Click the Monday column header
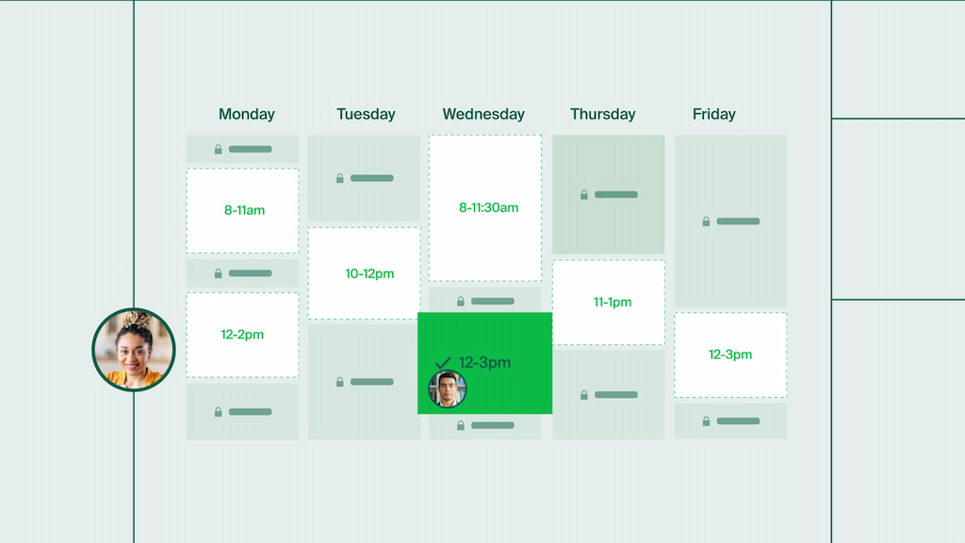(247, 114)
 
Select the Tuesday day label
(366, 114)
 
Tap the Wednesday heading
(483, 114)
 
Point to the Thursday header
(602, 114)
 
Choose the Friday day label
(713, 114)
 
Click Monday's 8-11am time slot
(243, 210)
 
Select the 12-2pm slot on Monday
(243, 335)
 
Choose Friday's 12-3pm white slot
(730, 354)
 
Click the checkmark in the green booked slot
(443, 363)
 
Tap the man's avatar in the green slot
(448, 388)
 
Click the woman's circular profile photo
(134, 350)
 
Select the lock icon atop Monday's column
(219, 149)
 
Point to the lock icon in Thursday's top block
(584, 194)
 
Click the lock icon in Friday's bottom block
(706, 420)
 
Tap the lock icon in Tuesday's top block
(340, 177)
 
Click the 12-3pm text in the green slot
(484, 362)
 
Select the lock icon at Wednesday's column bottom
(461, 425)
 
